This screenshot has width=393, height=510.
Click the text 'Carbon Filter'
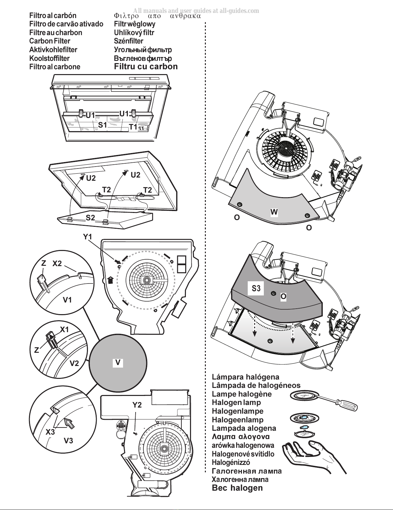(x=50, y=41)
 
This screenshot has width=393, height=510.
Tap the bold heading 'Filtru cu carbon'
(x=146, y=66)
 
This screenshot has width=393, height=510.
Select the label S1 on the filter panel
(x=102, y=125)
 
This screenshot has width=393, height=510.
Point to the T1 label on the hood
(x=133, y=127)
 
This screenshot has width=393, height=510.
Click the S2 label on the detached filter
(x=90, y=218)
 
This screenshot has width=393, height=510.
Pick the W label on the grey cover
(x=274, y=212)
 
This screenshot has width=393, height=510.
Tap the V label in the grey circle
(x=118, y=363)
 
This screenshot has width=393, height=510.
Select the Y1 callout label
(x=88, y=237)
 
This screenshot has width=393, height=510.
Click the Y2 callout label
(x=137, y=405)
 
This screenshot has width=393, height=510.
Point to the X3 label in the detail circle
(x=50, y=432)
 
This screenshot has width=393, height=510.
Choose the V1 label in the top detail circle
(x=67, y=300)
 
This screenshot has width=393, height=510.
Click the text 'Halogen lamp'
(x=236, y=402)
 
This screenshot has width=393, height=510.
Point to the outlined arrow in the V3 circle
(x=70, y=424)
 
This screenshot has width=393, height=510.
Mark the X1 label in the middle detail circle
(x=64, y=330)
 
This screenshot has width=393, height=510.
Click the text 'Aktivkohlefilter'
(x=53, y=50)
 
